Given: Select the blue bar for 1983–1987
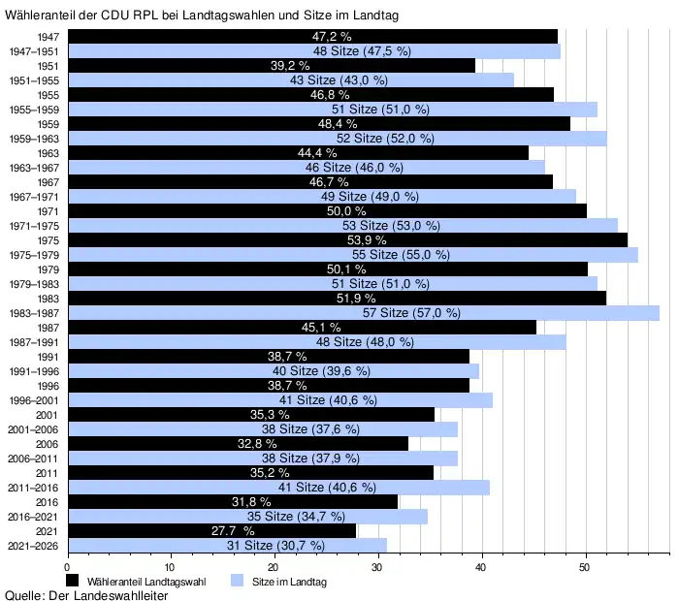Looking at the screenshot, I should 363,313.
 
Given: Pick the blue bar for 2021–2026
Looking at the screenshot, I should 227,545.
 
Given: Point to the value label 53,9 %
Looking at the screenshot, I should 367,239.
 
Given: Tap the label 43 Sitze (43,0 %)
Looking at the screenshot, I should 339,79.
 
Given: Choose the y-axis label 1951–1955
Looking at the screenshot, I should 36,79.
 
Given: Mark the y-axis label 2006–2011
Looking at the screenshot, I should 36,458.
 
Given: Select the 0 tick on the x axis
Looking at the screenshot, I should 67,566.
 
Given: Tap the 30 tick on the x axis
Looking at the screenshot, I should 377,566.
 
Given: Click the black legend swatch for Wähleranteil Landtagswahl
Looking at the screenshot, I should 73,581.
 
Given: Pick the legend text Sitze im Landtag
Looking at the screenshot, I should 290,582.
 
